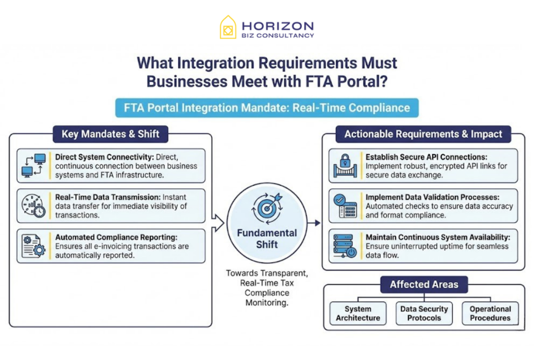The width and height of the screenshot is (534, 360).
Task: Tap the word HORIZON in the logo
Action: [277, 25]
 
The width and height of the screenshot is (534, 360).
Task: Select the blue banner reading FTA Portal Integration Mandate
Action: [267, 109]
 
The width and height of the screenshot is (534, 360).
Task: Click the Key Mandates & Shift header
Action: [111, 134]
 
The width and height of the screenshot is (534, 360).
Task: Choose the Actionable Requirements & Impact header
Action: [423, 134]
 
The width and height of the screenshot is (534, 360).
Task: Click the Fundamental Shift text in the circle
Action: [267, 238]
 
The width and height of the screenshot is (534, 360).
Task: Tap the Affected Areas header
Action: [424, 285]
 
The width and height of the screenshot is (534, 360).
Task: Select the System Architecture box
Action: [358, 314]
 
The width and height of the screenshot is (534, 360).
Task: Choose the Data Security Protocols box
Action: [424, 314]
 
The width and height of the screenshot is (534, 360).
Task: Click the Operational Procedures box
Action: [490, 314]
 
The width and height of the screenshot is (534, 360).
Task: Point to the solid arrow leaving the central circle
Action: [314, 223]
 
